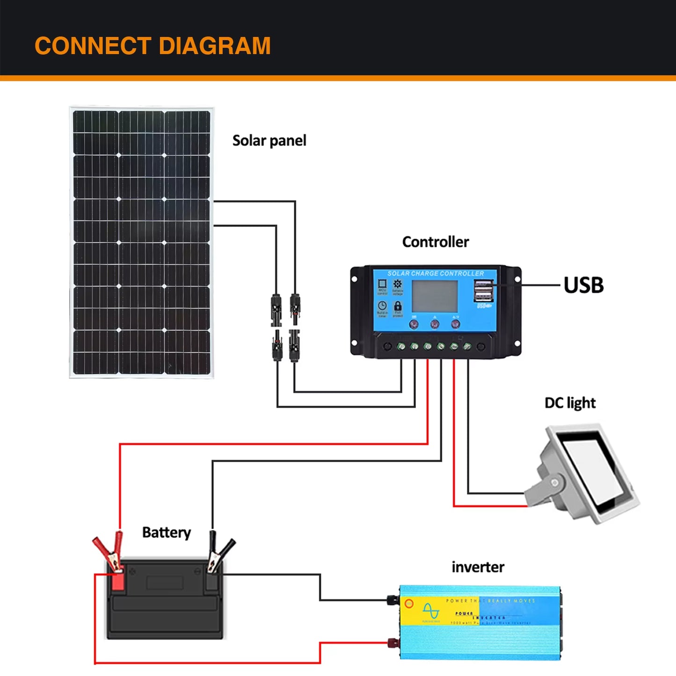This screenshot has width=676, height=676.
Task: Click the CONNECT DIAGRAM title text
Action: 153,46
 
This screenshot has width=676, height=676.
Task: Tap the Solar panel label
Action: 269,140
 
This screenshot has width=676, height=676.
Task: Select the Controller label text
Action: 435,242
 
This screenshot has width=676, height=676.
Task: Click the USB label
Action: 583,285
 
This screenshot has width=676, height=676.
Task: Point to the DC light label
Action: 570,403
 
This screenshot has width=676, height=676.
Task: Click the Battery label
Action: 166,532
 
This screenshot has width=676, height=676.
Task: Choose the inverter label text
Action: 478,567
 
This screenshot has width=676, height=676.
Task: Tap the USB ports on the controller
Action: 483,291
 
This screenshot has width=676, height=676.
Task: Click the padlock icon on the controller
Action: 398,306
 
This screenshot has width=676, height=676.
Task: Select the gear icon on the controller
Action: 397,284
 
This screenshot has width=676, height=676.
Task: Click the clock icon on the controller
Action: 382,306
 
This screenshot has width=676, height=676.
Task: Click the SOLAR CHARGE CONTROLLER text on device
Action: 436,273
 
